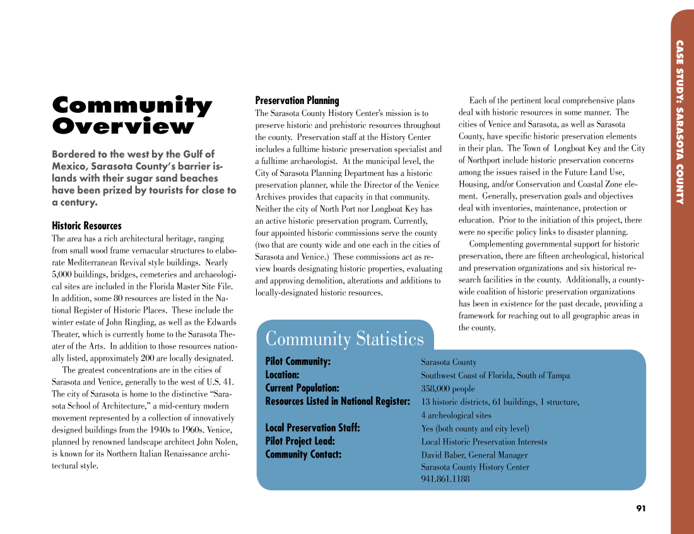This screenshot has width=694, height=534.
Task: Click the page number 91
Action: (x=641, y=508)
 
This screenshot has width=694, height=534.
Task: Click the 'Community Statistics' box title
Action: (x=344, y=339)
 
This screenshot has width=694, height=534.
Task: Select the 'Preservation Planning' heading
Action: (x=297, y=100)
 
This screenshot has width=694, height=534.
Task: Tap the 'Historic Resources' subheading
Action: (x=86, y=226)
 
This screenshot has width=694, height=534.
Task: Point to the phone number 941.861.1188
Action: (x=445, y=479)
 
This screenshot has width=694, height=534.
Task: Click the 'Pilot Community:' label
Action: (x=298, y=362)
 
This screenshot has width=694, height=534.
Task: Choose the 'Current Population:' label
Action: (x=302, y=388)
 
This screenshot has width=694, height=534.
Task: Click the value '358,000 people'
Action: (x=448, y=389)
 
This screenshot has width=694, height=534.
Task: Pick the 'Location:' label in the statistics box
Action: (x=282, y=375)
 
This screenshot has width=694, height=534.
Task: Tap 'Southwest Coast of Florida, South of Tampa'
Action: (x=495, y=376)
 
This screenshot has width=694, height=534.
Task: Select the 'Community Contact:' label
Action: (x=303, y=455)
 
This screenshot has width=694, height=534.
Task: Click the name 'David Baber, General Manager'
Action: (x=474, y=455)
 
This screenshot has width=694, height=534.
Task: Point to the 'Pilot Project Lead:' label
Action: (x=300, y=441)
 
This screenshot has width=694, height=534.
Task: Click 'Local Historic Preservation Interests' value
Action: (x=484, y=442)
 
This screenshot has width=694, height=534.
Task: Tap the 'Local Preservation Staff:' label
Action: (x=312, y=428)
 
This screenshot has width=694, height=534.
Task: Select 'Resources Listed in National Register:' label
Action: (x=338, y=402)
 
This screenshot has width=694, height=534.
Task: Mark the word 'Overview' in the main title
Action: (x=123, y=126)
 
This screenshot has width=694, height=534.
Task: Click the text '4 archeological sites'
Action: (x=456, y=415)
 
